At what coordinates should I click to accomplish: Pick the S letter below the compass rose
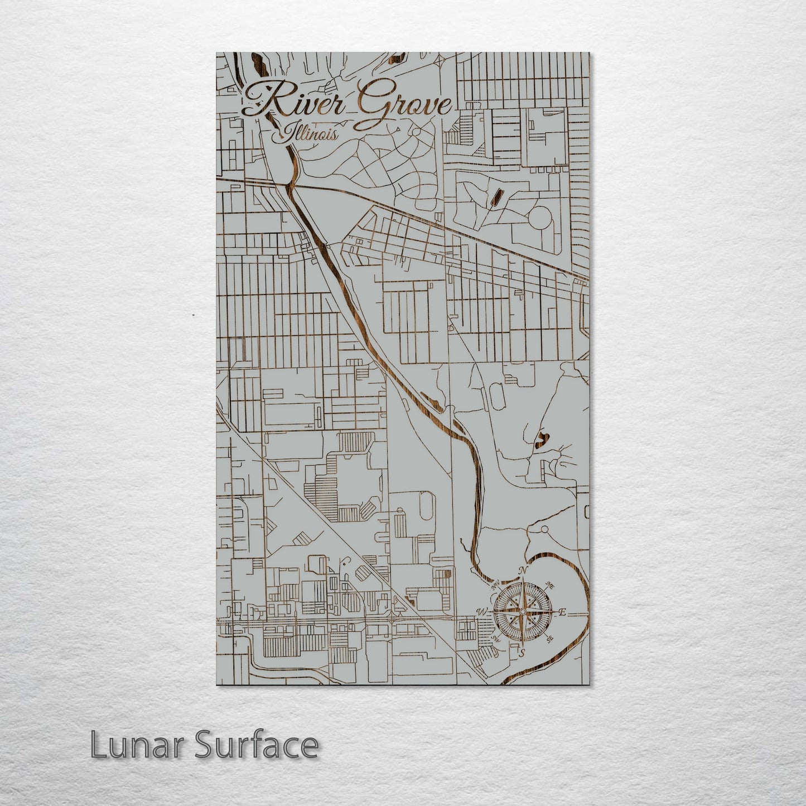pos(522,652)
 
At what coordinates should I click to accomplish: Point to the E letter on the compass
pos(562,612)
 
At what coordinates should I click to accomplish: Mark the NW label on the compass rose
pos(495,586)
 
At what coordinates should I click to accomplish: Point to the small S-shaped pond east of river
pos(541,440)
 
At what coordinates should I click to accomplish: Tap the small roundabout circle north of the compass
pos(544,529)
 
